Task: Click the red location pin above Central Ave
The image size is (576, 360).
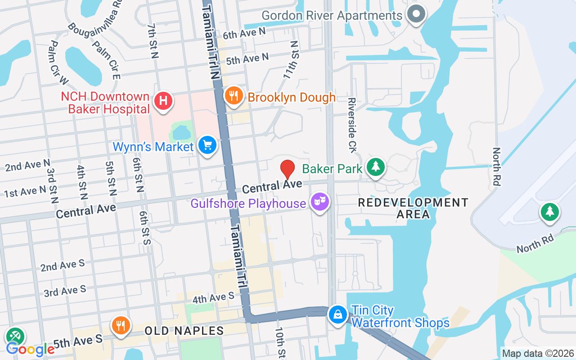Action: click(x=288, y=169)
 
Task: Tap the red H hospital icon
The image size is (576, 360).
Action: click(x=163, y=100)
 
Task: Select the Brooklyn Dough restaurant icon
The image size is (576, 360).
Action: click(x=234, y=96)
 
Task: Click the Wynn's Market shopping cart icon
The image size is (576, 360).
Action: click(x=207, y=145)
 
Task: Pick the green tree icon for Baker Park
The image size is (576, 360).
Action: click(x=375, y=166)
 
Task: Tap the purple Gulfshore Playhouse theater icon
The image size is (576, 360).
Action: click(x=319, y=202)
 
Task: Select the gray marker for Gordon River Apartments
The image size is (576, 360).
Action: click(x=416, y=13)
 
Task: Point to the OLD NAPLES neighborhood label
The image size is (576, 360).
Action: click(x=184, y=331)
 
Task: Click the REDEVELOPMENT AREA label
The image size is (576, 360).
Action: click(x=413, y=208)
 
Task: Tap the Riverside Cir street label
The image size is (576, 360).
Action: click(x=352, y=125)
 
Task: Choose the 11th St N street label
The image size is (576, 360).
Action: click(x=291, y=60)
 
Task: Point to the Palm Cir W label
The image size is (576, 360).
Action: click(x=58, y=62)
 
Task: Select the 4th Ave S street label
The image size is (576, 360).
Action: click(x=213, y=297)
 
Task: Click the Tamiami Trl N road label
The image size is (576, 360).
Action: click(x=211, y=40)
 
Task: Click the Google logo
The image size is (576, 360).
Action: click(x=30, y=349)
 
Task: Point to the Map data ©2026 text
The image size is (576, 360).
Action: click(x=538, y=354)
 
